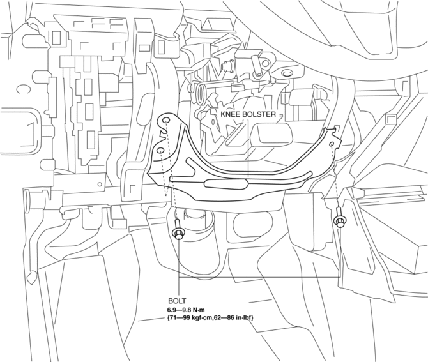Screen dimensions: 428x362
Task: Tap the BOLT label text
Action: [x=177, y=301]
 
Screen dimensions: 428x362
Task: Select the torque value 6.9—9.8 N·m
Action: [x=186, y=310]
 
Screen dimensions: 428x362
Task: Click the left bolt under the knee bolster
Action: [x=178, y=230]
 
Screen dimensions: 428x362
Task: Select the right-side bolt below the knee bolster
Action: [x=339, y=218]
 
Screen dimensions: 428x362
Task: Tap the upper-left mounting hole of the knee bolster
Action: [x=166, y=121]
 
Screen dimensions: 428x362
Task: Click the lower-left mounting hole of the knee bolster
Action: [x=160, y=150]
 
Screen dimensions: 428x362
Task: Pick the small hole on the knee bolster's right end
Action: [x=332, y=144]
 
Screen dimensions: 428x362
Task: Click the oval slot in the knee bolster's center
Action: [x=226, y=184]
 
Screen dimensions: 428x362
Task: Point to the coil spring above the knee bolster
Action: [x=201, y=93]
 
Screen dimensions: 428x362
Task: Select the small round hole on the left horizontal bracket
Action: [x=100, y=184]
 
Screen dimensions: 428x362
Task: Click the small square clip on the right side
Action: [x=390, y=119]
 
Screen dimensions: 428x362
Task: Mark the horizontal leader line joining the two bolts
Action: [x=259, y=278]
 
